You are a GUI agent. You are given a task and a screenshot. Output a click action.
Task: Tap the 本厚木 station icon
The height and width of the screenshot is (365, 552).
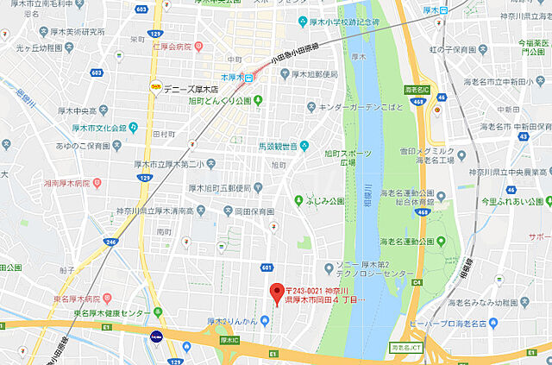248,78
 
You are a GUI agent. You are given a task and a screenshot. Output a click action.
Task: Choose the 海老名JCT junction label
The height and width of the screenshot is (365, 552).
408,347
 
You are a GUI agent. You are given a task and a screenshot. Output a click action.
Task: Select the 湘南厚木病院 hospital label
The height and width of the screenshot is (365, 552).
69,183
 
